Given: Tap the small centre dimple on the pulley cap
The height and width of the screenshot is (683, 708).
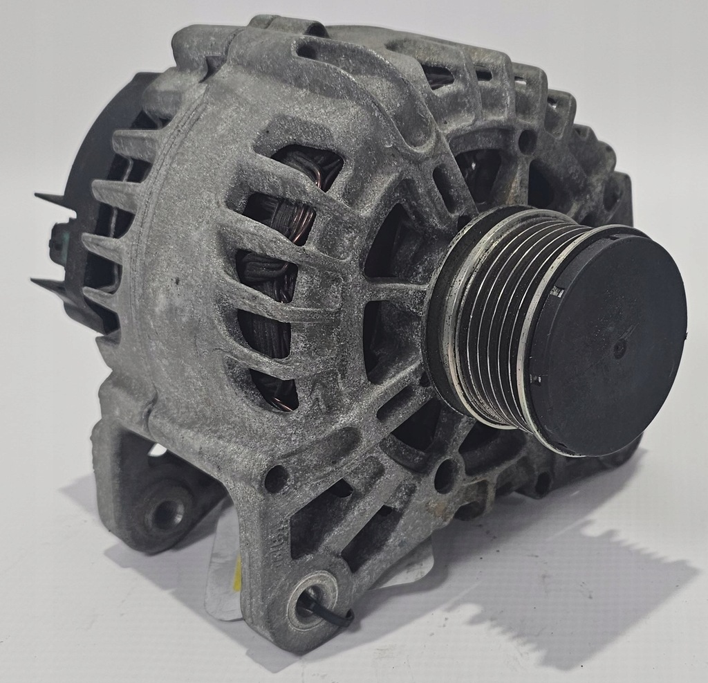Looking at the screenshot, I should click(619, 348).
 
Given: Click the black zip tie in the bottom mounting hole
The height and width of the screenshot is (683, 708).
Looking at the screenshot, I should click(325, 609).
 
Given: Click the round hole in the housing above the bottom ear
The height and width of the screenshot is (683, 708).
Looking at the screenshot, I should click(275, 477).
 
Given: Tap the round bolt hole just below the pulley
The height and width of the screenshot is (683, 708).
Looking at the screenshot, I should click(444, 475).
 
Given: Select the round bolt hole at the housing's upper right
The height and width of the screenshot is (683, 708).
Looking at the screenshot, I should click(527, 142).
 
